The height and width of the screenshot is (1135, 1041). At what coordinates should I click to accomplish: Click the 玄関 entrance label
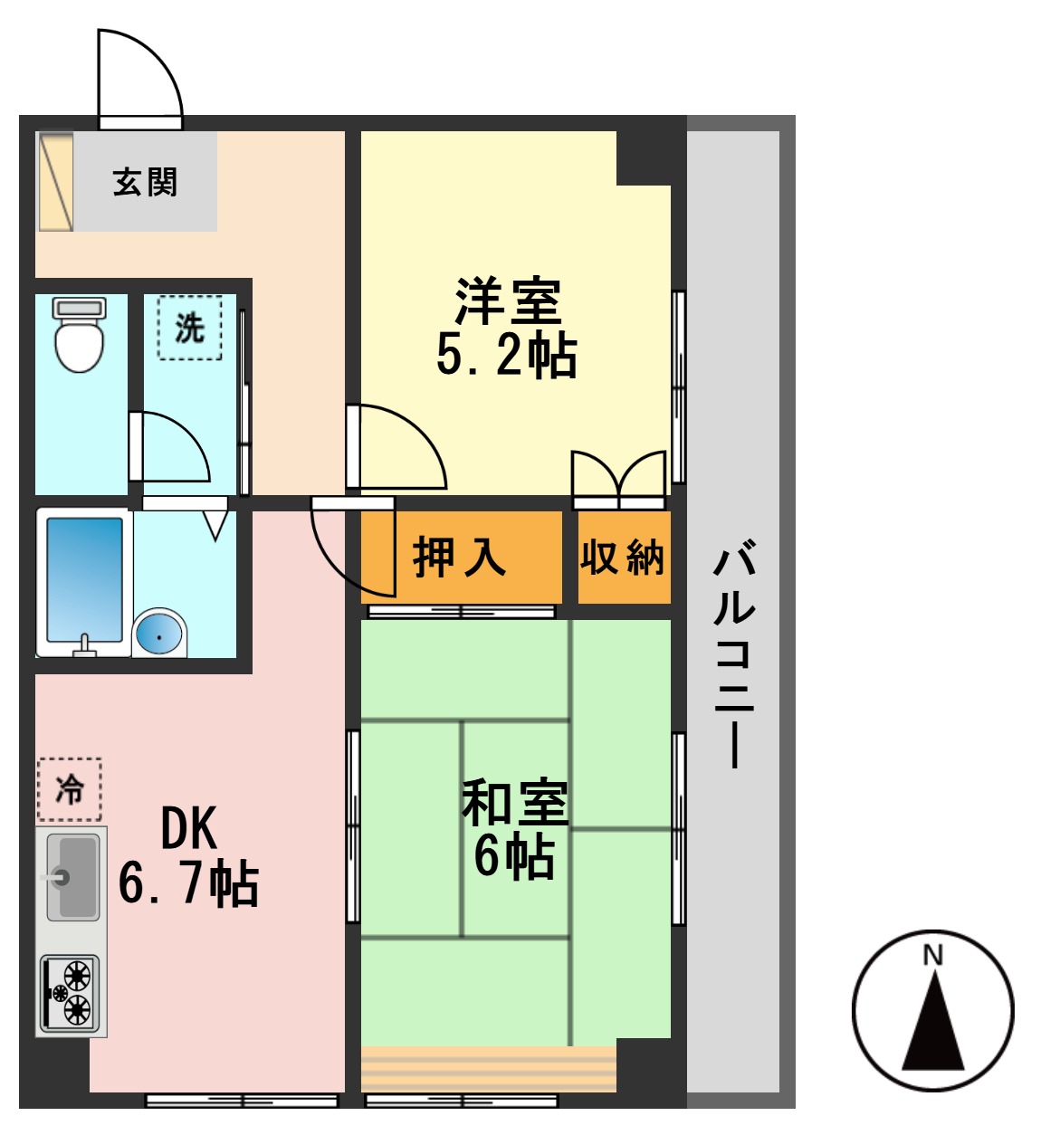tap(145, 182)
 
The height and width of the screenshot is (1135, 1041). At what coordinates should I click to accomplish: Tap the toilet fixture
tap(80, 335)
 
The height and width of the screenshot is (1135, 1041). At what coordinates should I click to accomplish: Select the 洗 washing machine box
tap(189, 328)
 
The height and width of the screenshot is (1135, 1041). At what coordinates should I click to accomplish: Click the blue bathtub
tap(84, 579)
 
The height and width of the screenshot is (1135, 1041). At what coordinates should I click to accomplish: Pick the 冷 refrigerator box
tap(70, 789)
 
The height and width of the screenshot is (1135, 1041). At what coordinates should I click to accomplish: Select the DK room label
tap(188, 827)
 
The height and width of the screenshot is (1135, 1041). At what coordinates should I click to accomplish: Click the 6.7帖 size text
tap(188, 883)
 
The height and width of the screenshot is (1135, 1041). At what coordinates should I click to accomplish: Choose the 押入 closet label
tap(459, 557)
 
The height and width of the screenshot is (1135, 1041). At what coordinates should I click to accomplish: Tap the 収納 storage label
tap(623, 557)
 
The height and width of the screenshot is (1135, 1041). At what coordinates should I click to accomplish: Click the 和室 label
tap(514, 802)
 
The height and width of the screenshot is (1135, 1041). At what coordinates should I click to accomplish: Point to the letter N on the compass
tap(932, 955)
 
